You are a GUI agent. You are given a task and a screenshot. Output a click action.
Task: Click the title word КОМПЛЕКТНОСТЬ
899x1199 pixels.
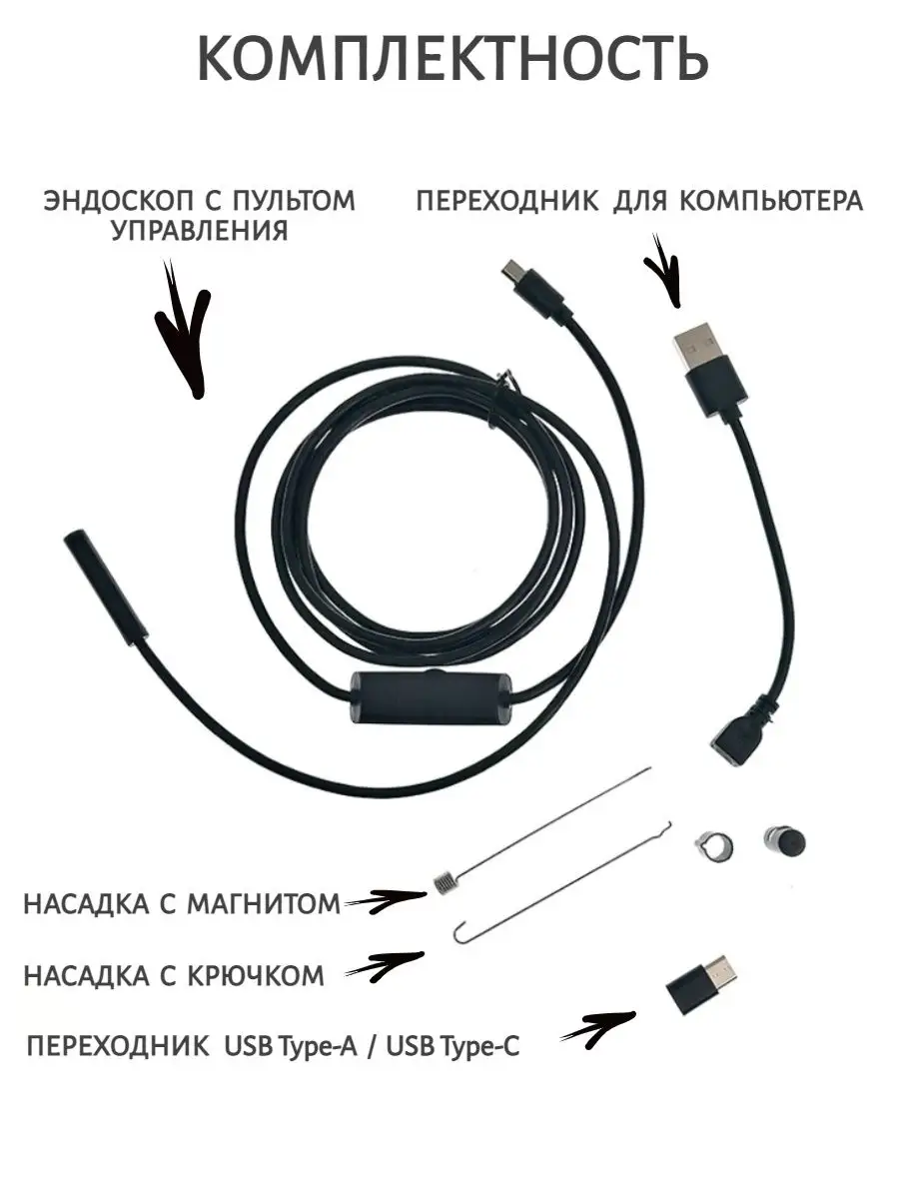[452, 61]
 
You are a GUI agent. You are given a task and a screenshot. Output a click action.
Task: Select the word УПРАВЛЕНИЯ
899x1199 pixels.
[200, 231]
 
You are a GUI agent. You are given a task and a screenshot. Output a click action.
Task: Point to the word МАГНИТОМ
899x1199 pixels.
[264, 904]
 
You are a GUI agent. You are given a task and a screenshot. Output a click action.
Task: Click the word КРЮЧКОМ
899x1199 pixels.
[256, 975]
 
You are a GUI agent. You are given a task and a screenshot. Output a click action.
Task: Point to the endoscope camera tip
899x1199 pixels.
[105, 590]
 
